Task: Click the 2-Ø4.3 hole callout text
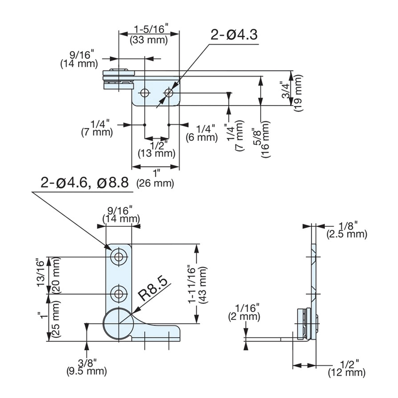tap(234, 36)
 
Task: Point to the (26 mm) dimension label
tap(157, 184)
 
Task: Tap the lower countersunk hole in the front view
tap(118, 294)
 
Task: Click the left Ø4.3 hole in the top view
tap(145, 93)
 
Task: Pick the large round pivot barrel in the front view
tap(117, 324)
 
